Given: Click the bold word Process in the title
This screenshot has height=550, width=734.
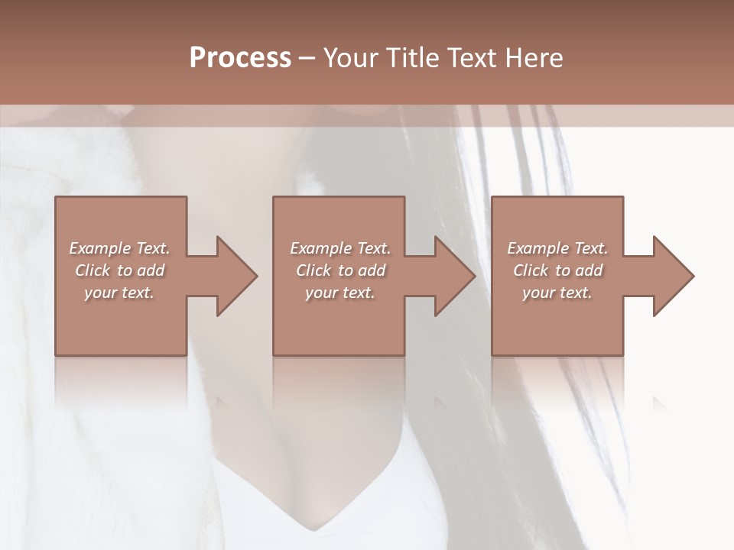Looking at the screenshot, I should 240,58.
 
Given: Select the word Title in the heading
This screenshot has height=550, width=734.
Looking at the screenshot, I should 413,58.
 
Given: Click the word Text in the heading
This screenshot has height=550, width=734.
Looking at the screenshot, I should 471,58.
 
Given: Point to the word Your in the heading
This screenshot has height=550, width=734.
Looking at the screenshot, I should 352,58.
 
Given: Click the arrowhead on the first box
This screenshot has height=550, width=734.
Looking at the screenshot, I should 233,276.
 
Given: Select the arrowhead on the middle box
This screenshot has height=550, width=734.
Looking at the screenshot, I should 452,276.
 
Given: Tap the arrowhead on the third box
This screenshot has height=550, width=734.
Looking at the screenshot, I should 671,276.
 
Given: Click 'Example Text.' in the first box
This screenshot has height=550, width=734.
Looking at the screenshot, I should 119,248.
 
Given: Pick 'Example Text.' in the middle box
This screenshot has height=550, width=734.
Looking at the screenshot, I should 340,248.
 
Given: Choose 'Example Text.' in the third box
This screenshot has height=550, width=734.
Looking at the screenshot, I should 557,248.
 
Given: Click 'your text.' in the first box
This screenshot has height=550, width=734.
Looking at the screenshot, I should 119,293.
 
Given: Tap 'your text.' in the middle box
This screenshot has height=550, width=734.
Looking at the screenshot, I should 340,293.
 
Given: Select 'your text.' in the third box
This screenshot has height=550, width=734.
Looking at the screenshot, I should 557,293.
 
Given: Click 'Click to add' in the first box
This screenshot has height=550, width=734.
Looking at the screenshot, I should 119,270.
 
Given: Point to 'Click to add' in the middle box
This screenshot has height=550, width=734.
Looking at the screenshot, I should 340,270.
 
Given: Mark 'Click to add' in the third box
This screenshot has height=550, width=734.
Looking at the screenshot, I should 557,270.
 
